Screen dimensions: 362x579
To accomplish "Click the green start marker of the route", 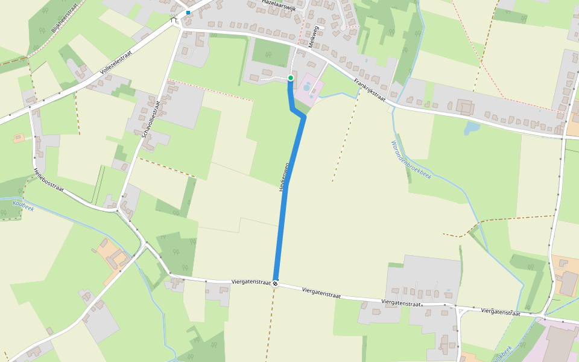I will (291, 78).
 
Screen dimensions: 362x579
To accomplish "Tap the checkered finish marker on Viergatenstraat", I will (276, 284).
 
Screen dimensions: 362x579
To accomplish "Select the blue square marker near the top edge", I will (188, 12).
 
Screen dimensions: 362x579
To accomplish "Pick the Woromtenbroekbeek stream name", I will (410, 160).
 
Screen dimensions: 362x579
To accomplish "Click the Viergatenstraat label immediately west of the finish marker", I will (250, 282).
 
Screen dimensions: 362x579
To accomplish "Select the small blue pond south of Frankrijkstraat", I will (472, 128).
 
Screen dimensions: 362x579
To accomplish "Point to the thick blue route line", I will (281, 229).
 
